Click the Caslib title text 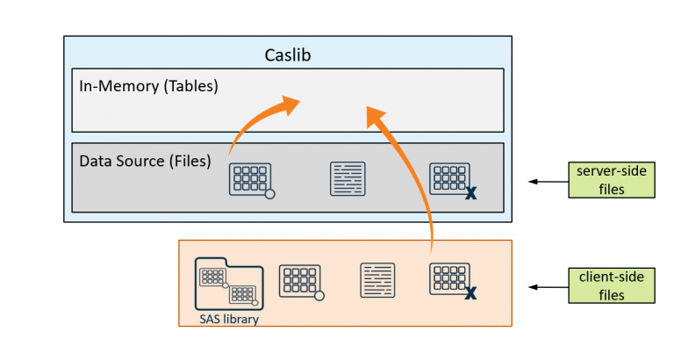click(x=288, y=55)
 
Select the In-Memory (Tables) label click(x=148, y=87)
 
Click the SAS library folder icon click(x=228, y=283)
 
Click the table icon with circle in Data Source click(x=249, y=178)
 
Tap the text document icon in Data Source click(x=348, y=178)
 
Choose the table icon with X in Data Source click(x=449, y=178)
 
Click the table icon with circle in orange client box click(x=299, y=281)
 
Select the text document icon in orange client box click(x=377, y=280)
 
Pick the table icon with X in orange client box click(x=449, y=280)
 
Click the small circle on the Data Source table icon click(x=269, y=193)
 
